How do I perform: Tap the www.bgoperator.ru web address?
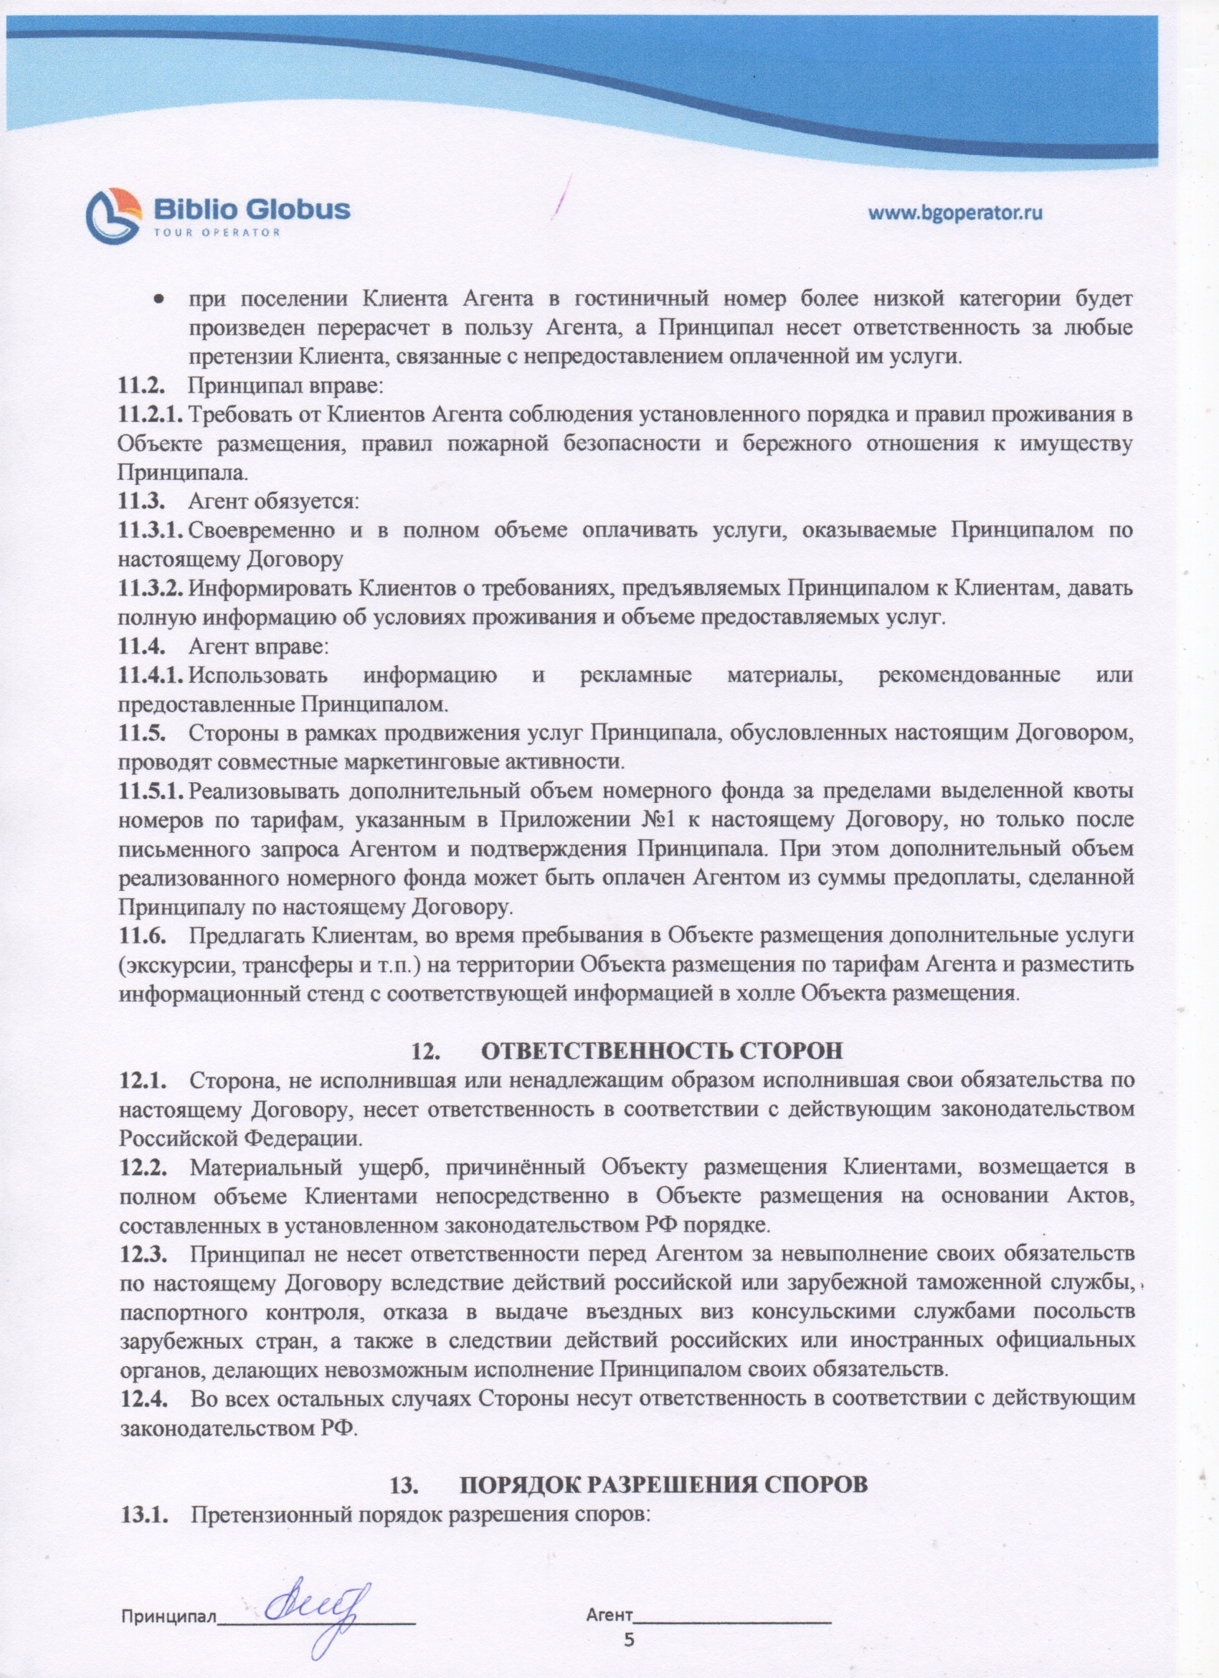click(x=955, y=213)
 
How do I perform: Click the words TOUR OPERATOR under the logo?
click(x=217, y=233)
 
